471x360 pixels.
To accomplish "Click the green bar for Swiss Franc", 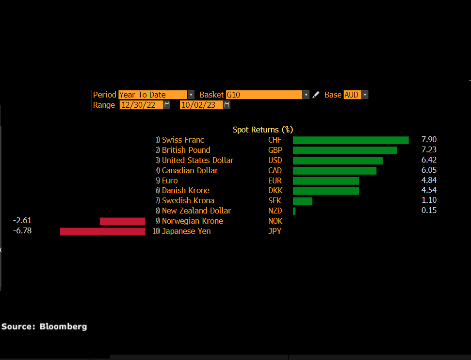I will click(351, 140).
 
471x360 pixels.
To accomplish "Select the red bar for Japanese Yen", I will click(102, 231).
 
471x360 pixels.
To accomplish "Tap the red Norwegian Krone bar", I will click(122, 221).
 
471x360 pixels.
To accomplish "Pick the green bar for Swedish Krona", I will click(303, 201).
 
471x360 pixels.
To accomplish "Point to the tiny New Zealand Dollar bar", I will click(294, 211).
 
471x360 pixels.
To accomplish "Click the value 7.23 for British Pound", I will click(429, 150).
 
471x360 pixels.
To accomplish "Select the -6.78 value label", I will click(22, 231).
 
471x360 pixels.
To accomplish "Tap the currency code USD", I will click(275, 160).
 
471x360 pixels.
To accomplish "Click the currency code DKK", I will click(275, 191).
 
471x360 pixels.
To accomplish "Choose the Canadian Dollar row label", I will click(190, 170).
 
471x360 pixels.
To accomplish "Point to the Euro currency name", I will click(170, 180).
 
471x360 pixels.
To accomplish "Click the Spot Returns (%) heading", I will click(263, 130).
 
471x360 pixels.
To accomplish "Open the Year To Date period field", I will click(153, 95).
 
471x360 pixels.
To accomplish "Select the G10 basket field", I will click(264, 95).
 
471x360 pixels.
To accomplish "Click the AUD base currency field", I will click(352, 95).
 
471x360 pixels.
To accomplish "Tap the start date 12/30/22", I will click(141, 105).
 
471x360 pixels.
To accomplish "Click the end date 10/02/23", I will click(201, 105).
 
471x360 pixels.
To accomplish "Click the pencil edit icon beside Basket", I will click(316, 95).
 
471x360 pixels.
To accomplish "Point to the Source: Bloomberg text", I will click(44, 327).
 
